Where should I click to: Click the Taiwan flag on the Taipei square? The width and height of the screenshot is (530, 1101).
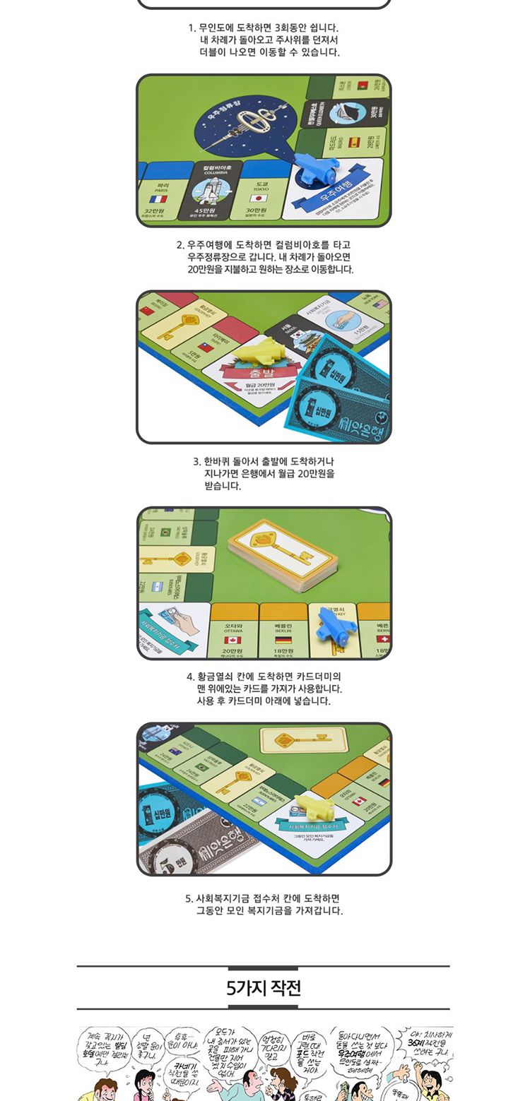tap(206, 347)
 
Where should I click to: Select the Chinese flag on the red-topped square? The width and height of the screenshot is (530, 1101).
tap(147, 310)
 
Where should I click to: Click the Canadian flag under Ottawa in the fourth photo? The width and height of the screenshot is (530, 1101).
tap(232, 640)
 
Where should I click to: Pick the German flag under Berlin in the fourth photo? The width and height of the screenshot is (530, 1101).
tap(283, 640)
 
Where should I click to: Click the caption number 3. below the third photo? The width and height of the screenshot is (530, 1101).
tap(197, 461)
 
